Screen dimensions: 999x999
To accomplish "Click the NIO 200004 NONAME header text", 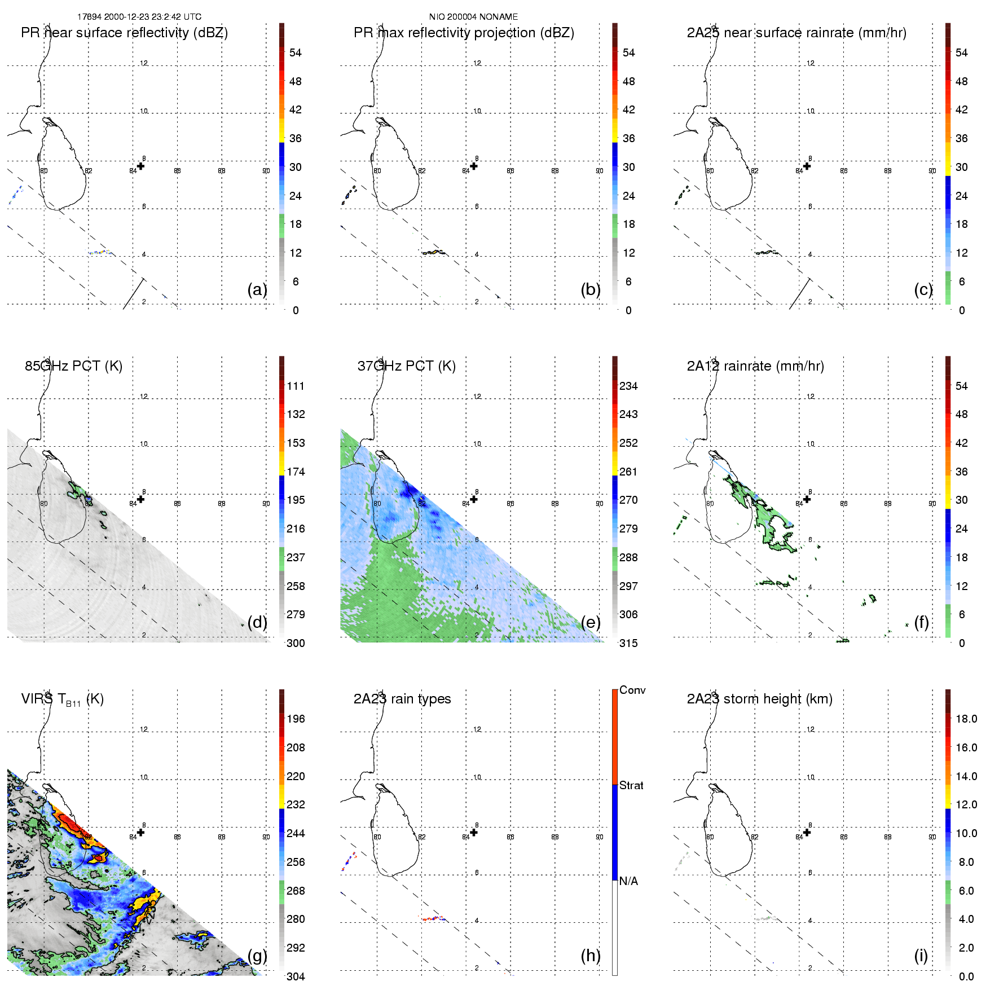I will pyautogui.click(x=473, y=17).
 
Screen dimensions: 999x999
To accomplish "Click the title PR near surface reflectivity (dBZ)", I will pyautogui.click(x=124, y=33).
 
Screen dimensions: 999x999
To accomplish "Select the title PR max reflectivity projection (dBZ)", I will pyautogui.click(x=464, y=33).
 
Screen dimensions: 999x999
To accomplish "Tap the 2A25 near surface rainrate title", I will pyautogui.click(x=796, y=33).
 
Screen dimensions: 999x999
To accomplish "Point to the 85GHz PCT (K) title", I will pyautogui.click(x=73, y=366).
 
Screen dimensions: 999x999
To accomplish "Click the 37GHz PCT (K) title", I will pyautogui.click(x=406, y=366).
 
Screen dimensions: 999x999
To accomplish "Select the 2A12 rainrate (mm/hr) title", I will pyautogui.click(x=755, y=366).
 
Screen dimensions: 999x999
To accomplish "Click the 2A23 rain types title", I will pyautogui.click(x=402, y=699).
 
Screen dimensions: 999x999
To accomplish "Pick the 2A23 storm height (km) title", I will pyautogui.click(x=759, y=699).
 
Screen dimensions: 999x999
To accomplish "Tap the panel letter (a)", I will pyautogui.click(x=257, y=289).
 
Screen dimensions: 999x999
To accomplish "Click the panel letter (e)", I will pyautogui.click(x=591, y=622).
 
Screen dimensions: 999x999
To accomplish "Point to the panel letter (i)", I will pyautogui.click(x=921, y=956).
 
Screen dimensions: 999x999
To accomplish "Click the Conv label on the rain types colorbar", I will pyautogui.click(x=632, y=690).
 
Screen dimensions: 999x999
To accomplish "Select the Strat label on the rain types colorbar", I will pyautogui.click(x=631, y=785).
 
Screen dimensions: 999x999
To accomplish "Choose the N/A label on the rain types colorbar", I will pyautogui.click(x=628, y=881).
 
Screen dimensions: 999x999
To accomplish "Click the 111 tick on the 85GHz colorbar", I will pyautogui.click(x=296, y=386).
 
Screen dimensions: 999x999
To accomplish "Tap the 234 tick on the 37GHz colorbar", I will pyautogui.click(x=628, y=386).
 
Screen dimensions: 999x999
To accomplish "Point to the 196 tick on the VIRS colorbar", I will pyautogui.click(x=296, y=719).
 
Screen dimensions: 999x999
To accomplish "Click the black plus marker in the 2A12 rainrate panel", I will pyautogui.click(x=807, y=499).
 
